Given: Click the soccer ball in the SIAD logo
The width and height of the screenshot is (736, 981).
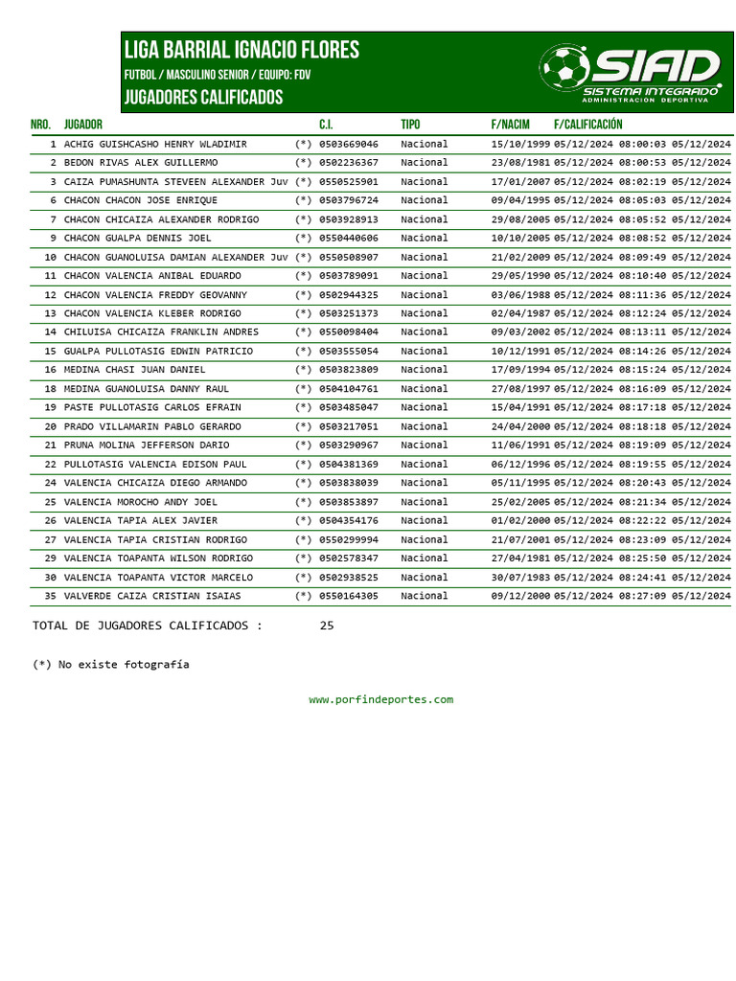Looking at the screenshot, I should coord(564,68).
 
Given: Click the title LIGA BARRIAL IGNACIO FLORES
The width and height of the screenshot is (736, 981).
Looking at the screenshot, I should coord(241,50).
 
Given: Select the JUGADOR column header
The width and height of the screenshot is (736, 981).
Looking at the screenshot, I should coord(83,125).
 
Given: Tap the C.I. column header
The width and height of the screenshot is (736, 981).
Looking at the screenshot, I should coord(326,125).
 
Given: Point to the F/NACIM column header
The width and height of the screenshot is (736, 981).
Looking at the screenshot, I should coord(510,125).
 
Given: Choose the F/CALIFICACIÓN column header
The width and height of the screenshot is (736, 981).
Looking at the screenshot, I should coord(587,125).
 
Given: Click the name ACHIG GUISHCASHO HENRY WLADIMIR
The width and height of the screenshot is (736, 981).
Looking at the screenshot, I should coord(155,144).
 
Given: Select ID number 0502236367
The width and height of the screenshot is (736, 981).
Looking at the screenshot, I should coord(349,163).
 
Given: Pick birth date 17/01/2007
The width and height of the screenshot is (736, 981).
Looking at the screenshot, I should coord(520,181).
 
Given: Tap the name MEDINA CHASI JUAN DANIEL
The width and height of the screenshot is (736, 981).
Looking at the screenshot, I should coord(134,370).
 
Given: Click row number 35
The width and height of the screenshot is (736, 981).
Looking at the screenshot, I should coord(50,596).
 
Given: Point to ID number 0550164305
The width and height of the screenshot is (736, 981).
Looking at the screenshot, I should coord(349,596).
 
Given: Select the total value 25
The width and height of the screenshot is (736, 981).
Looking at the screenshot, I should coord(327,626).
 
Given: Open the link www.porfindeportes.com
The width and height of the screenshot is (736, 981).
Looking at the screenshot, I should coord(380,699).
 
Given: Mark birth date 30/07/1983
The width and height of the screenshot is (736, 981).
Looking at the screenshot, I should coord(520,578).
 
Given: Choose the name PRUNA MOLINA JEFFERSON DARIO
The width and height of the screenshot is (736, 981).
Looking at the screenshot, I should coord(147,445).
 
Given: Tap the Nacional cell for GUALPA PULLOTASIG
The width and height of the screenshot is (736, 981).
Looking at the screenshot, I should coord(425,352).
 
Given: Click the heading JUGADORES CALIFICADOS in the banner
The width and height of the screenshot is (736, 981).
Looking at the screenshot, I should coord(203,98).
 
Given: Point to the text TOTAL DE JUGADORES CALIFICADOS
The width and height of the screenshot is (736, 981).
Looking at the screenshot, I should coord(147,626).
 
